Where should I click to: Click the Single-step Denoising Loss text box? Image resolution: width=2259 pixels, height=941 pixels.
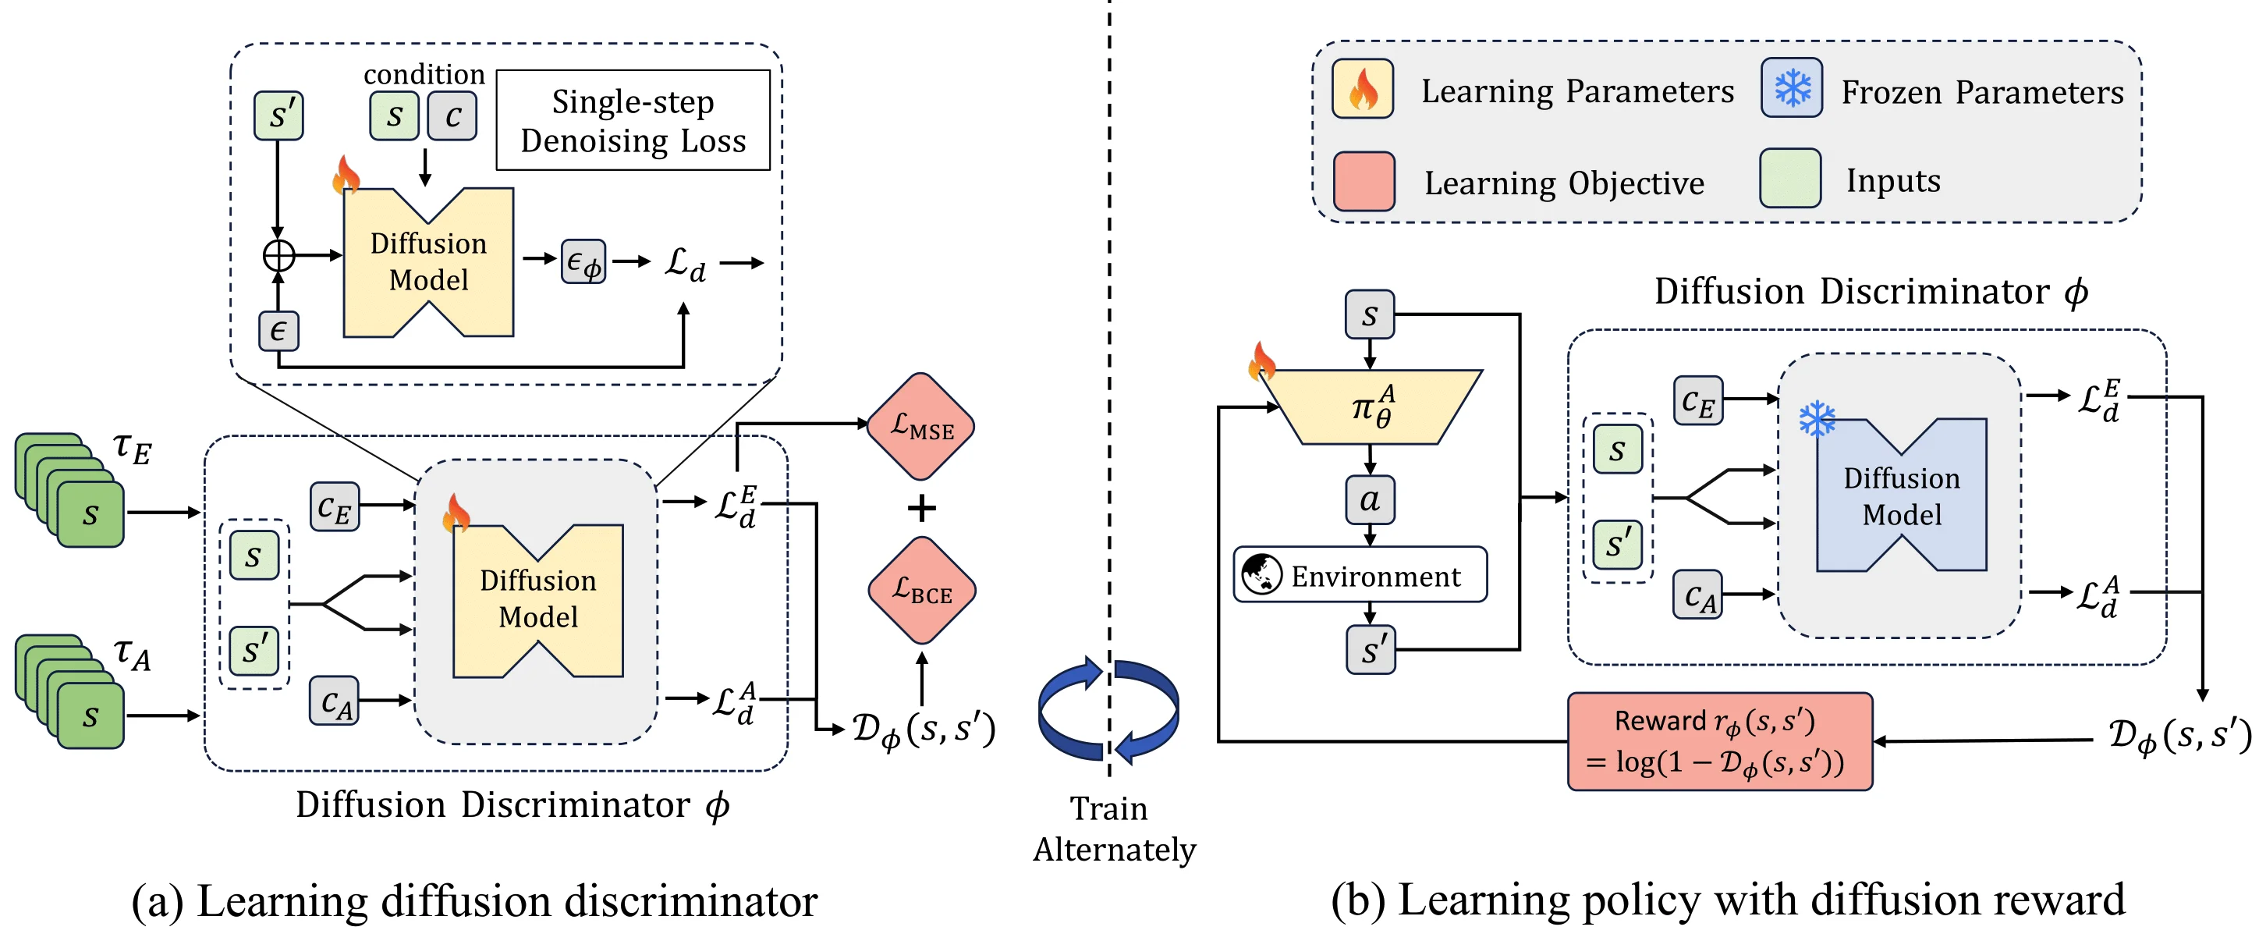point(633,120)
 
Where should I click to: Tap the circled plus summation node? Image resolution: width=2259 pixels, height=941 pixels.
point(279,255)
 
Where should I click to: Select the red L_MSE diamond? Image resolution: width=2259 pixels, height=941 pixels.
point(920,426)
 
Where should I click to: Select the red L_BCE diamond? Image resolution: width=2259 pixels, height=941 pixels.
point(920,590)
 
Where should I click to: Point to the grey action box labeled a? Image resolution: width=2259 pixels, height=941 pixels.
point(1370,500)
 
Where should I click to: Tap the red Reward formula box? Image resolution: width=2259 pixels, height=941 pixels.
point(1718,741)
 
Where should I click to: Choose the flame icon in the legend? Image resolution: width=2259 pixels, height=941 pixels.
point(1362,89)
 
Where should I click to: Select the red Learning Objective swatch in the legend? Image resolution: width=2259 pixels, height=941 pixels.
point(1363,182)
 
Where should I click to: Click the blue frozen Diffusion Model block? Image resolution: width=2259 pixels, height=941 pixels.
point(1901,495)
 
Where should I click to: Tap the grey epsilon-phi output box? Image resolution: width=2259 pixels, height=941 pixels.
point(583,261)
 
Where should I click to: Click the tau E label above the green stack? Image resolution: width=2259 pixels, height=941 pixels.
point(133,448)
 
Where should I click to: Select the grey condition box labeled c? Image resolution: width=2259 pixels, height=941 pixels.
point(452,115)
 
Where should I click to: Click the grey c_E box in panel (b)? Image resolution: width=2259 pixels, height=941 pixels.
point(1697,401)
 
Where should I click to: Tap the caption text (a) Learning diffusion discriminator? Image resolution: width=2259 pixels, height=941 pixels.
point(473,900)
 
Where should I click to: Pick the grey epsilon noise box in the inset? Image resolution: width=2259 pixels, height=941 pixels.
point(278,331)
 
